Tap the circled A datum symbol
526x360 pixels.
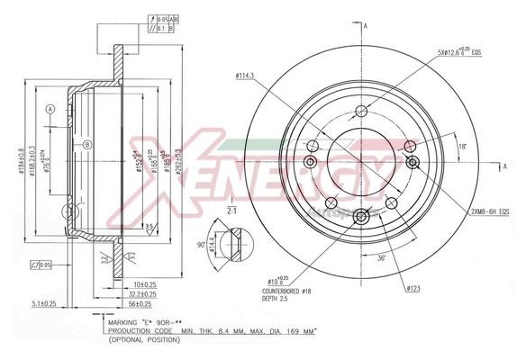coord(50,109)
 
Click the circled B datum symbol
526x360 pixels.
coord(87,144)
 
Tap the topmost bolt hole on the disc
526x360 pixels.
coord(361,111)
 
